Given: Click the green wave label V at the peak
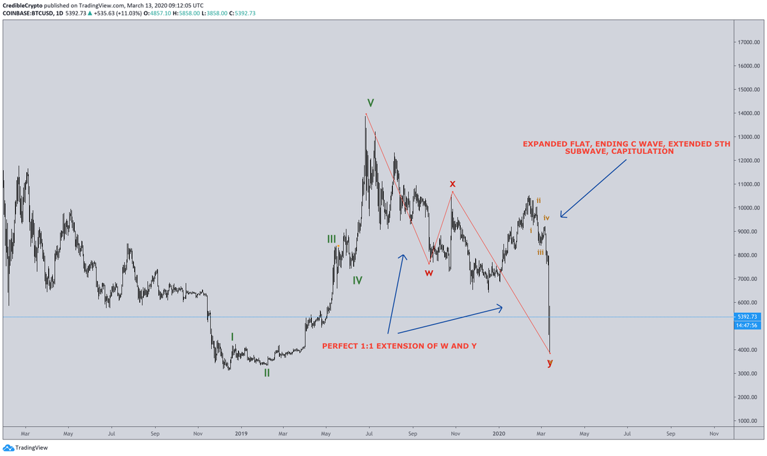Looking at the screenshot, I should pyautogui.click(x=370, y=103).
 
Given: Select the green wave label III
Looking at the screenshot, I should pyautogui.click(x=331, y=239).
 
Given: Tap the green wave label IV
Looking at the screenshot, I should pyautogui.click(x=357, y=280).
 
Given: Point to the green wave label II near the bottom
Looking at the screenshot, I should pyautogui.click(x=267, y=373).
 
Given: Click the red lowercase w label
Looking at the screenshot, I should pyautogui.click(x=429, y=273).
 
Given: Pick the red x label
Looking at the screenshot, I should pyautogui.click(x=452, y=185).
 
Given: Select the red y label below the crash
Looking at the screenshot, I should pyautogui.click(x=550, y=363).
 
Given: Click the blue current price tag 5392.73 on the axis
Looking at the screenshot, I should pyautogui.click(x=747, y=317).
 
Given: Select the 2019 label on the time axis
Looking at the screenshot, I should pyautogui.click(x=241, y=433).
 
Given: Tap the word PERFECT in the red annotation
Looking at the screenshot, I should pyautogui.click(x=339, y=346).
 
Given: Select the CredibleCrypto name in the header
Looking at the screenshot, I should pyautogui.click(x=26, y=4).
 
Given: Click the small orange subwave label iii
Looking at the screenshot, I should pyautogui.click(x=540, y=253).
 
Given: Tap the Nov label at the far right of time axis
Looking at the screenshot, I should pyautogui.click(x=714, y=433).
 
